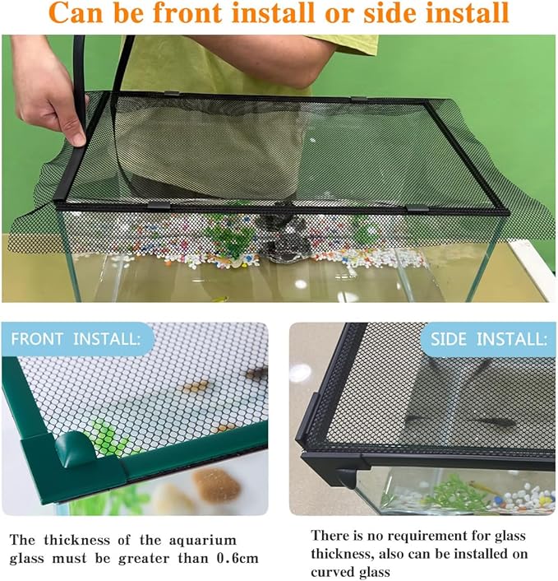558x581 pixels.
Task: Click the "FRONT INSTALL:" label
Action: [x=76, y=338]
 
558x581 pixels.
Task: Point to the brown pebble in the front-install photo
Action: [x=215, y=485]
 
